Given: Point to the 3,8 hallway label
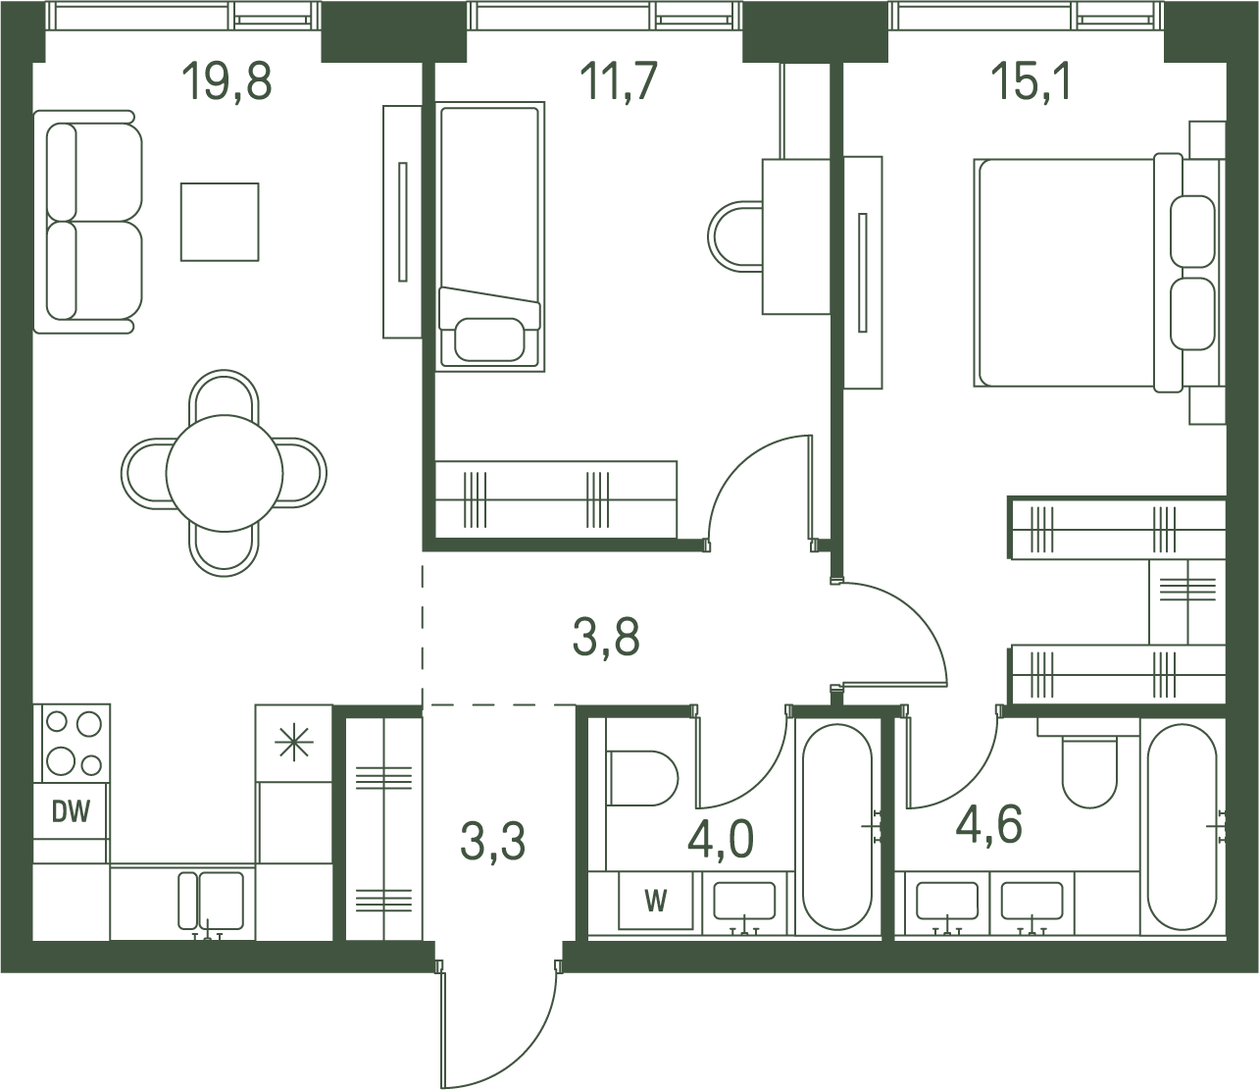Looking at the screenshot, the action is pos(606,638).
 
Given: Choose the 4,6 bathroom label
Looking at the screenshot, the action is pos(988,825).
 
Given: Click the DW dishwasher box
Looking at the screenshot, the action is pos(71,810).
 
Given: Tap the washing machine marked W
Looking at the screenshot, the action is pos(655,901).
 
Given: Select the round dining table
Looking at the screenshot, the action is pos(225,473).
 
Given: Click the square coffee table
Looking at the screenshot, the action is pos(220,222).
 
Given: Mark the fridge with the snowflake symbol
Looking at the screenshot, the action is pos(293,743).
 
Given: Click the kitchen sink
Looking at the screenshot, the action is pos(211,901).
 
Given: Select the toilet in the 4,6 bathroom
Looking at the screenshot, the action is pos(1089,771).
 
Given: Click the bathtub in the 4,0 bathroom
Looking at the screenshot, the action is pos(837,827).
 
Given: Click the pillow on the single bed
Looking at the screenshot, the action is pos(489,339).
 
